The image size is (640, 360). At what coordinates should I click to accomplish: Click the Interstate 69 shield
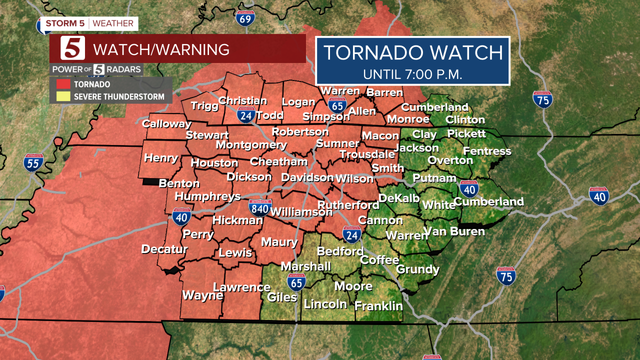point(245,18)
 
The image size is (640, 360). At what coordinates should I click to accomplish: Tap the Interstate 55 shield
point(33,163)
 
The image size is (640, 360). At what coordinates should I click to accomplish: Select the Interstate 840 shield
point(260,208)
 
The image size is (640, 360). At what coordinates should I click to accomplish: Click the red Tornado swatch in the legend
point(62,84)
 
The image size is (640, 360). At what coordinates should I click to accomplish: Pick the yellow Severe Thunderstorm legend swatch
point(62,96)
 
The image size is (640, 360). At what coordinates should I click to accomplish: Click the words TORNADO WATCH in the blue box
point(412,52)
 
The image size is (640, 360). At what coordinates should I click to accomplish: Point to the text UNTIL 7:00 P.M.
point(412,74)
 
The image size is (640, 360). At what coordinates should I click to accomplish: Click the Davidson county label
point(307,177)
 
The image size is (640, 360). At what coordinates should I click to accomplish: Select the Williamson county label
point(301,212)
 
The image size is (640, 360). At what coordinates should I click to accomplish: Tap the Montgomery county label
point(251,145)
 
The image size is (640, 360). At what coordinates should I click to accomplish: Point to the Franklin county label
point(378,305)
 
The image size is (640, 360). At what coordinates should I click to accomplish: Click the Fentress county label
point(487,151)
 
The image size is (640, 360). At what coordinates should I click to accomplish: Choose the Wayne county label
point(202,295)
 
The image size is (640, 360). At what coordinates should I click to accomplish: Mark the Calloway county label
point(166,123)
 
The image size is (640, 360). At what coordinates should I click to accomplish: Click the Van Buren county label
point(454,231)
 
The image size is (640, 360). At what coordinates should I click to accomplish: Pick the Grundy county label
point(417,269)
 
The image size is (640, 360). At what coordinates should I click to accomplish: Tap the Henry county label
point(161,158)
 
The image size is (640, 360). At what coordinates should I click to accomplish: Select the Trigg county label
point(204,105)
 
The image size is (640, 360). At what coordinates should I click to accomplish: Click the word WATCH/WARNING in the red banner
point(161,49)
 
